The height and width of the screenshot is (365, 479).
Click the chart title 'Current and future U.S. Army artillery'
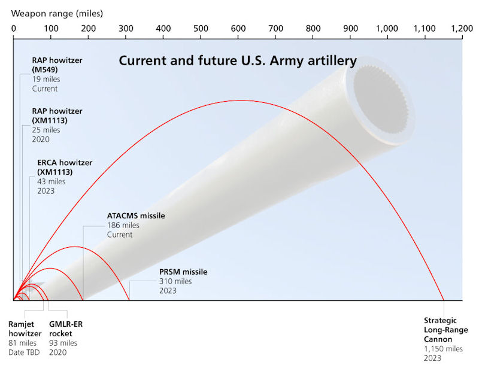(238, 60)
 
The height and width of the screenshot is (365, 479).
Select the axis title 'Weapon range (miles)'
(57, 13)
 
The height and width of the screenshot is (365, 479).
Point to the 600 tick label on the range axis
(238, 28)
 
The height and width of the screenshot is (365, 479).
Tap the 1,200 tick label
(462, 28)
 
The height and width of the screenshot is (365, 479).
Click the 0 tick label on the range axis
(13, 28)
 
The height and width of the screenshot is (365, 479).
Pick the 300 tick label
(126, 28)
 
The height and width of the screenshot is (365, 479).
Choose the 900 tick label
(350, 28)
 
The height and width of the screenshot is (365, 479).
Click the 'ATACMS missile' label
(136, 216)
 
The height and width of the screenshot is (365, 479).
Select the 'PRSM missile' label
(183, 272)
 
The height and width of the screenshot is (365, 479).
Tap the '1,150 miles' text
(443, 349)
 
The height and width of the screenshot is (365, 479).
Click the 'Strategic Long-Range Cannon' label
(445, 330)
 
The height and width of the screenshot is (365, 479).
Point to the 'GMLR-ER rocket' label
(66, 328)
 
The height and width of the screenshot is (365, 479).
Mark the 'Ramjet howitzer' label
(25, 328)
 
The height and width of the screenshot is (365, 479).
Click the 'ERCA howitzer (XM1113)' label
(65, 167)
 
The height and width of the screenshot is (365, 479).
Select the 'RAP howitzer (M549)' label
(57, 65)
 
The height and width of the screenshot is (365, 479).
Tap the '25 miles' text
(46, 130)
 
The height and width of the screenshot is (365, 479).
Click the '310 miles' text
(175, 281)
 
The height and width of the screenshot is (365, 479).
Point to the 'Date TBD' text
(24, 352)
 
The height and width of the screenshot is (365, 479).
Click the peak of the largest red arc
(241, 100)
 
